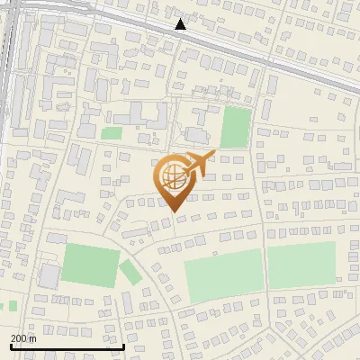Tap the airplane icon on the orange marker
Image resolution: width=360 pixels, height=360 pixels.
pos(197,164)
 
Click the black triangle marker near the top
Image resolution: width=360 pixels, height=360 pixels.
pos(181,24)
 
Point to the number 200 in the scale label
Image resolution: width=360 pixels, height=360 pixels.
pos(20,338)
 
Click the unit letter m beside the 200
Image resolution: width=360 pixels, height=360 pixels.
pos(34,338)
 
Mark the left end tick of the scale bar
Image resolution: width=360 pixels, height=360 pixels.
pos(10,345)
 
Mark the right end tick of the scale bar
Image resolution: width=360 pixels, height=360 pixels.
pos(123,345)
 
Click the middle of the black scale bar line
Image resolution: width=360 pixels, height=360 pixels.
pos(67,346)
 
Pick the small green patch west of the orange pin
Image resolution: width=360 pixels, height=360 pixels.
pos(111,134)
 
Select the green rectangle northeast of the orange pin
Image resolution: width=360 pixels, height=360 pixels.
pos(235,127)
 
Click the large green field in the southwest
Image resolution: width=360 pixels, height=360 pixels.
pos(90,265)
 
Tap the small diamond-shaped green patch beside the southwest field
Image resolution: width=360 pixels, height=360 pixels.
pos(130,271)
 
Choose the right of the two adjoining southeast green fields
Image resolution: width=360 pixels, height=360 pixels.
pos(301,265)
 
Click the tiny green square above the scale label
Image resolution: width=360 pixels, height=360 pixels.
pos(12,306)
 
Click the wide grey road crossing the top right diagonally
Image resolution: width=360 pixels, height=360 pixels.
pos(270,55)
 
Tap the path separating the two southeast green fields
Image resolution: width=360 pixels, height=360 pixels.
pos(265,270)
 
